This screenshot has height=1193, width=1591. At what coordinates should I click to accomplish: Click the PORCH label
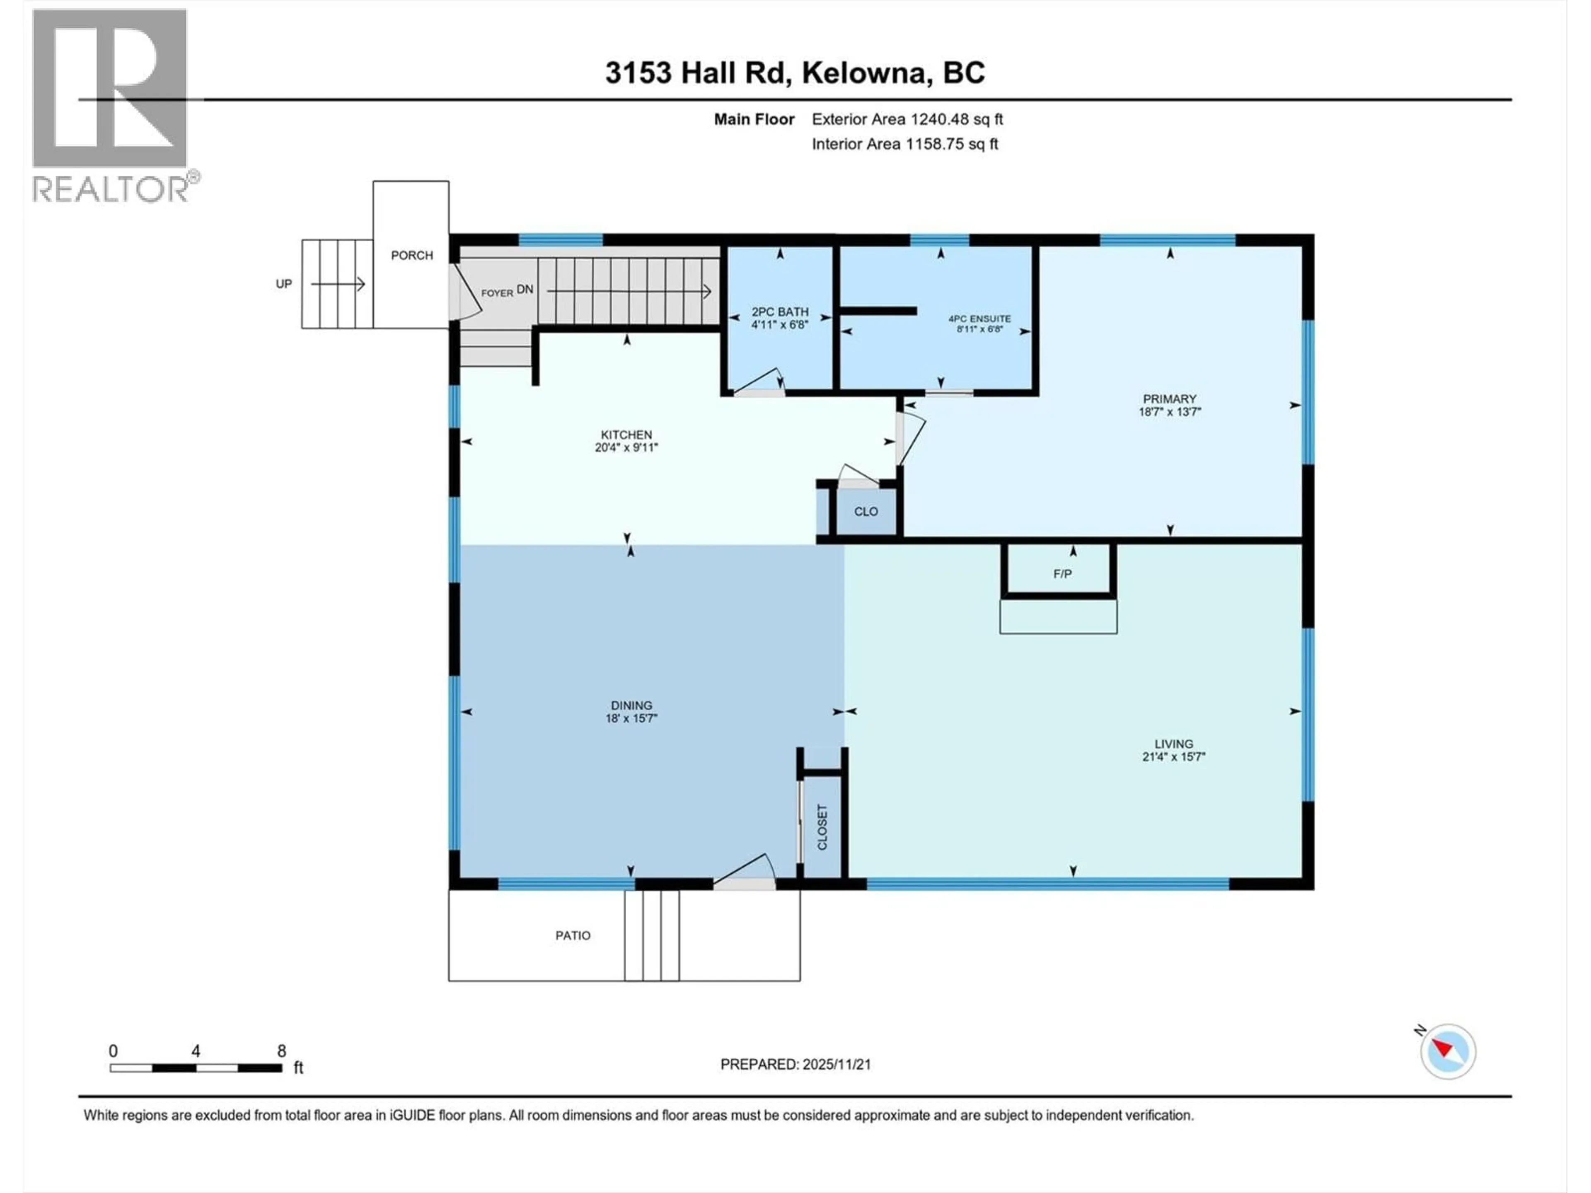tap(411, 255)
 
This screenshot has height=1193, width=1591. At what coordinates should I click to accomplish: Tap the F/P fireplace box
tap(1061, 573)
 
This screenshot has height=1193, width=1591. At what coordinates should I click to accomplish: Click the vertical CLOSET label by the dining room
tap(822, 827)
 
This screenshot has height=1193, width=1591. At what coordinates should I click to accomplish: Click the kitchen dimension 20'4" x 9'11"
tap(626, 447)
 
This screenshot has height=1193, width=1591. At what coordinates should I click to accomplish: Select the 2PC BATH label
tap(780, 312)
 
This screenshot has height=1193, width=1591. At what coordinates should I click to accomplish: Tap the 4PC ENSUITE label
tap(979, 319)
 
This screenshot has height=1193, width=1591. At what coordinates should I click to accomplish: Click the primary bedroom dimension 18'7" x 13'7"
tap(1170, 412)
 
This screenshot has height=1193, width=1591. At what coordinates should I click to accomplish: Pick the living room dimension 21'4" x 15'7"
tap(1173, 756)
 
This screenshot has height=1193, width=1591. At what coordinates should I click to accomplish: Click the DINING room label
tap(631, 705)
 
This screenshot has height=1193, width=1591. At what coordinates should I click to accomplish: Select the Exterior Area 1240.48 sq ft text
tap(907, 119)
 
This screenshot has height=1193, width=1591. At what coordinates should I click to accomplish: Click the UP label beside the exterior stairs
tap(283, 284)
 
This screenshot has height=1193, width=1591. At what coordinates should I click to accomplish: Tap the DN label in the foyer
tap(525, 289)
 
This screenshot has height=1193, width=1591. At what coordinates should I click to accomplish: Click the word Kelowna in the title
tap(863, 72)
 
